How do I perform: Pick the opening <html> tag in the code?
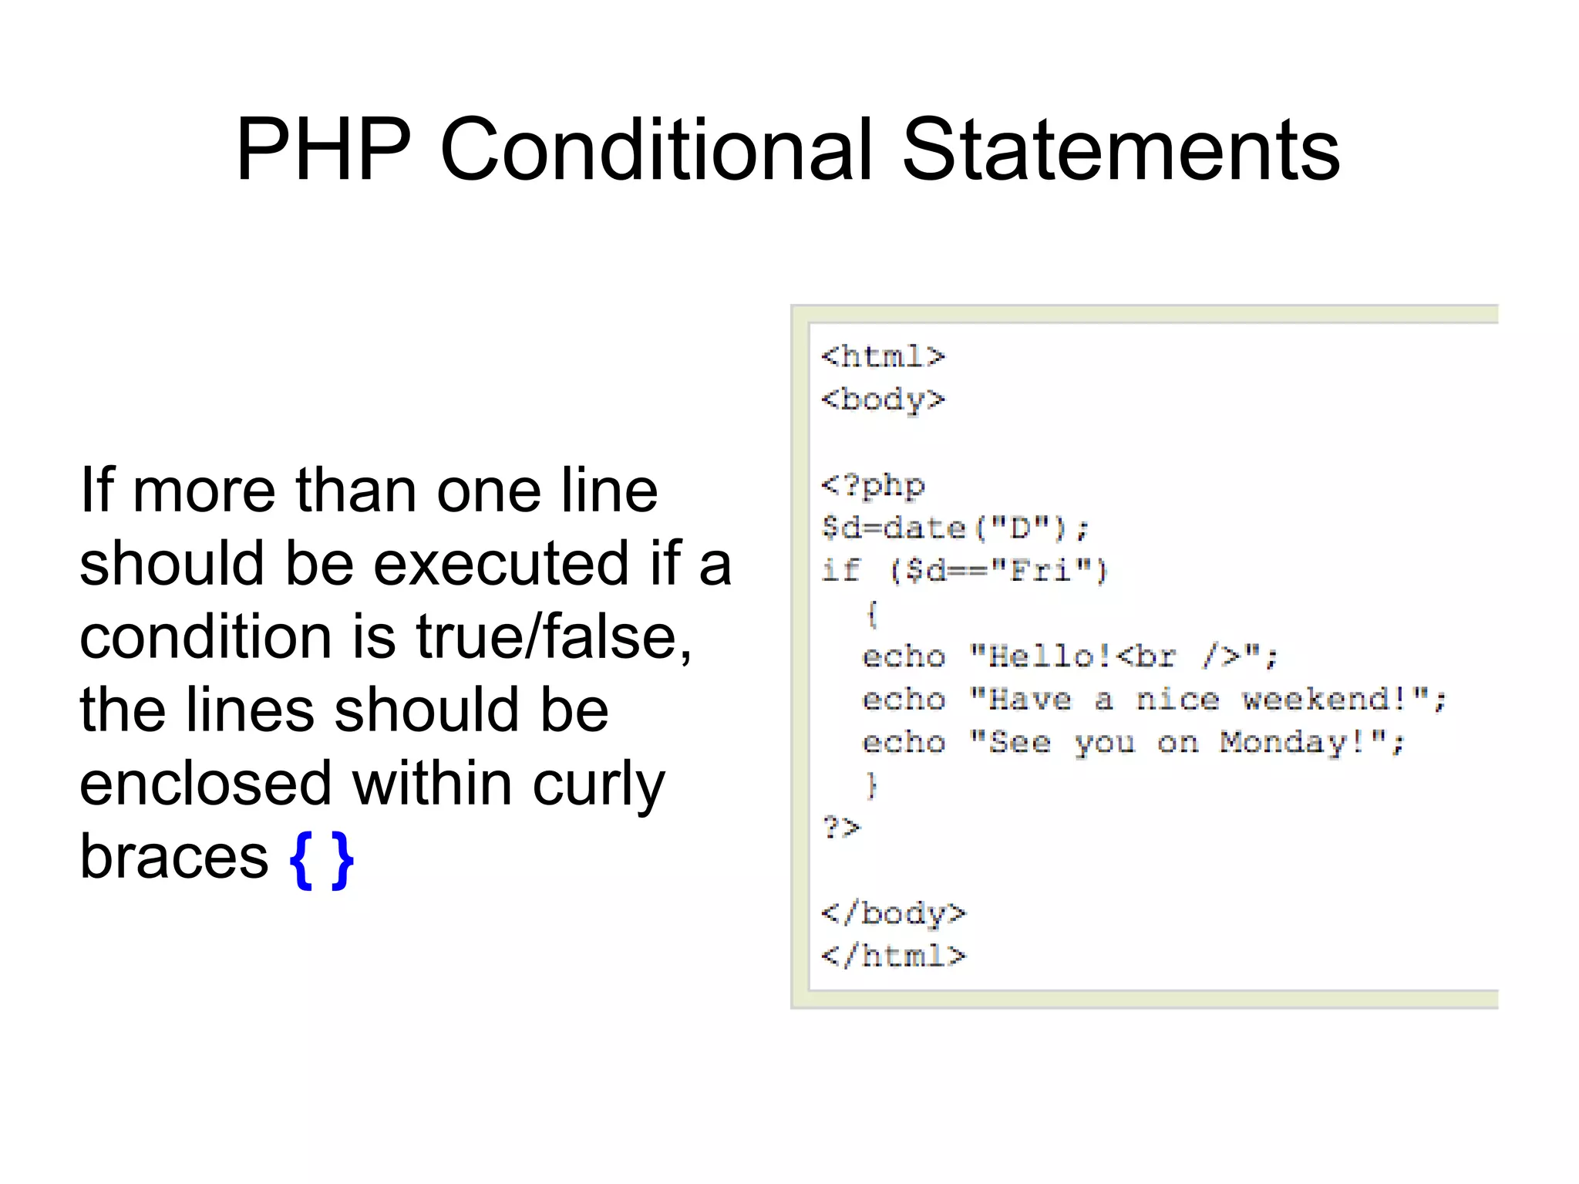click(883, 356)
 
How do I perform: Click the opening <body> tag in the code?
click(883, 400)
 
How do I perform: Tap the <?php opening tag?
click(873, 486)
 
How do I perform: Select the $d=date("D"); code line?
click(955, 528)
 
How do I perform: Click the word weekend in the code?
click(1323, 700)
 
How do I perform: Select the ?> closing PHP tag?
click(841, 828)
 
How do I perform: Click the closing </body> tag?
click(893, 913)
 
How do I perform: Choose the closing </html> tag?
click(893, 956)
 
